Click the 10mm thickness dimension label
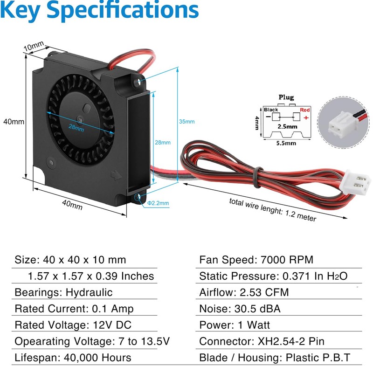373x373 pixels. (x=34, y=47)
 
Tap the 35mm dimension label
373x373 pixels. (x=187, y=121)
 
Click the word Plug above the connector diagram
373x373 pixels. (x=286, y=97)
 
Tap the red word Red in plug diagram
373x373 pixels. (x=305, y=110)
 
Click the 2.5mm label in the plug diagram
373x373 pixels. (x=287, y=126)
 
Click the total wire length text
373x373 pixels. (x=272, y=210)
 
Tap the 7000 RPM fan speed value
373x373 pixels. (x=288, y=260)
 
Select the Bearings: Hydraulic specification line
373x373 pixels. (x=64, y=292)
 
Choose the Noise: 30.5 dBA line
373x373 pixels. (x=240, y=309)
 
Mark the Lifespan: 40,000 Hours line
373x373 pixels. (x=73, y=358)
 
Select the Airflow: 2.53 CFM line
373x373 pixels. (x=244, y=292)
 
